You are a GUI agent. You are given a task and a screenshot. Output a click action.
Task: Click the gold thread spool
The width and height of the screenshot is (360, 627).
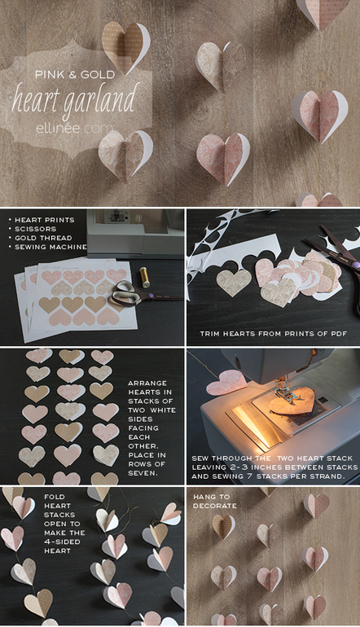(144, 277)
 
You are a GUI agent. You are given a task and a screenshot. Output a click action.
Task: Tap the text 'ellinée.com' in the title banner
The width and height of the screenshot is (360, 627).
(74, 129)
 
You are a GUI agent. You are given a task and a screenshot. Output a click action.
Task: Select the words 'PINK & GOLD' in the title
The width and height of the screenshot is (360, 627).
(75, 74)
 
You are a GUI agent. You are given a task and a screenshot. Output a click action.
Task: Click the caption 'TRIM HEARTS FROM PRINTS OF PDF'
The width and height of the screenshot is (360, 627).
(273, 334)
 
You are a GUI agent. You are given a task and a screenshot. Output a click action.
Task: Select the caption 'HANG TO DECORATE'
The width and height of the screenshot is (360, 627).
(215, 502)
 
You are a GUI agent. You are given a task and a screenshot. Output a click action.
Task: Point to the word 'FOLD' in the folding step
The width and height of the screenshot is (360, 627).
(55, 497)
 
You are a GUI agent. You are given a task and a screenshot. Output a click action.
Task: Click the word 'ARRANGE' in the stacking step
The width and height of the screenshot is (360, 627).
(147, 383)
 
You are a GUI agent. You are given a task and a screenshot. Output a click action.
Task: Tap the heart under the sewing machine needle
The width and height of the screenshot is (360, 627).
(292, 401)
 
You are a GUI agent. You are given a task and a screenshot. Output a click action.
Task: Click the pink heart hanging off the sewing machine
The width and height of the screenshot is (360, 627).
(226, 383)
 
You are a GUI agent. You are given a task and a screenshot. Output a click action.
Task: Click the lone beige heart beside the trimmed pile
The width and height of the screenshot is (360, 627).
(234, 283)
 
